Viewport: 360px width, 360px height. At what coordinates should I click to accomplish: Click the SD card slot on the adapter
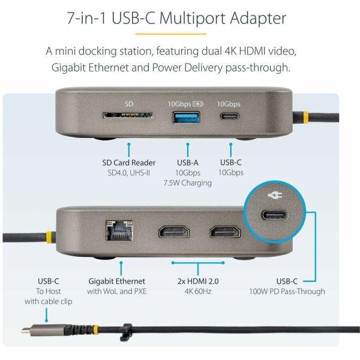tap(128, 115)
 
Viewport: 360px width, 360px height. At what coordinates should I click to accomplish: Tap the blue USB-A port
tap(186, 118)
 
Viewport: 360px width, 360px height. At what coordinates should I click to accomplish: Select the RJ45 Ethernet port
tap(119, 230)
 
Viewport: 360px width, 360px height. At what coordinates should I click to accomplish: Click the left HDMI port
tap(174, 232)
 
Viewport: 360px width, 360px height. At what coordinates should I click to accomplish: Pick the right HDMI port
tap(226, 232)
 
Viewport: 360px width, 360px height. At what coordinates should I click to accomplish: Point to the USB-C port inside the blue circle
tap(275, 216)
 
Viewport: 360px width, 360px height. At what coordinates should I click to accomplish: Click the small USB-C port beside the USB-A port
tap(230, 116)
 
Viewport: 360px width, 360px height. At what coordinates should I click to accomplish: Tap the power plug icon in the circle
tap(275, 196)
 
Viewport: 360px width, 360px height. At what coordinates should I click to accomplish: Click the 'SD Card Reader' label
tap(129, 163)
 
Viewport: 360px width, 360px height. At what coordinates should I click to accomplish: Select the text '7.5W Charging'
tap(188, 183)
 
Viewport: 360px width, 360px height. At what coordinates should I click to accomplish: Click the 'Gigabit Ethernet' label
tap(116, 281)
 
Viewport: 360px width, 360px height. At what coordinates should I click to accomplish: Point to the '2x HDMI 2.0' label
tap(198, 281)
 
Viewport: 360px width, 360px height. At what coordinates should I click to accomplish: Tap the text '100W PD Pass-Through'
tap(287, 292)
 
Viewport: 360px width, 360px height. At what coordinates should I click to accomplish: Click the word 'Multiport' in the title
tap(193, 19)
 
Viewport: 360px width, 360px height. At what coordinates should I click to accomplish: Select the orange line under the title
tap(170, 34)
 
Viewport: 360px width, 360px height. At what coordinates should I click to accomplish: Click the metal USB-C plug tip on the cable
tap(26, 331)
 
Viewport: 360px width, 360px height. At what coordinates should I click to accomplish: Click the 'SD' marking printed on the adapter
tap(129, 104)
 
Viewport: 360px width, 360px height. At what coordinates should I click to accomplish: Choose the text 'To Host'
tap(48, 292)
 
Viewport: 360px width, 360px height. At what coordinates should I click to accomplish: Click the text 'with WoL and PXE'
tap(117, 292)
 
